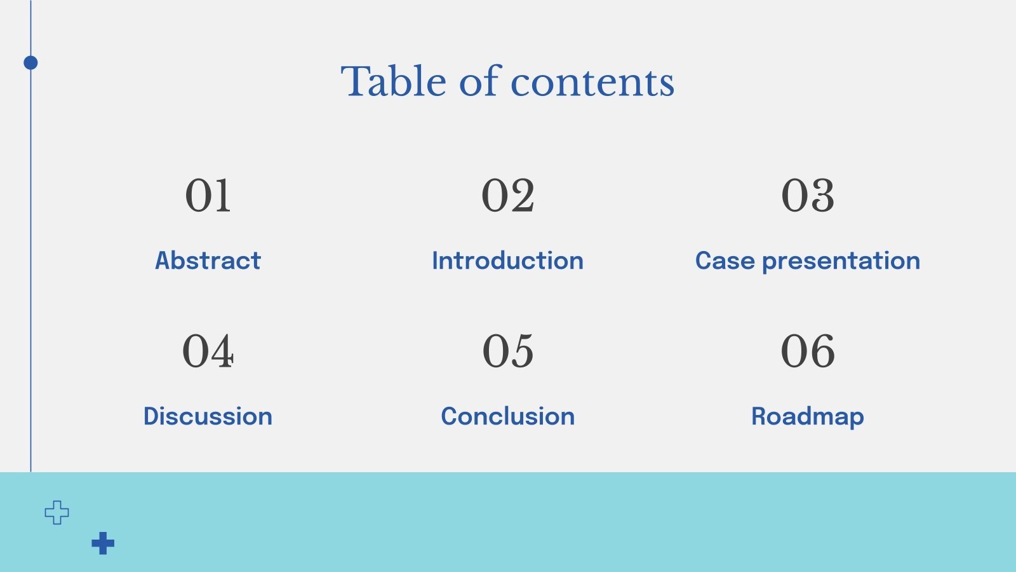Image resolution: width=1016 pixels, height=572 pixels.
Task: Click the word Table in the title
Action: (394, 82)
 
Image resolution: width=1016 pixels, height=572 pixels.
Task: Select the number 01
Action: (208, 195)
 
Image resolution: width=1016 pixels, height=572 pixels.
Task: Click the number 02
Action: (508, 195)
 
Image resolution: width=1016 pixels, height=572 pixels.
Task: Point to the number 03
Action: (808, 195)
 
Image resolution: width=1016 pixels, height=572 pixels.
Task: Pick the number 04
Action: (208, 351)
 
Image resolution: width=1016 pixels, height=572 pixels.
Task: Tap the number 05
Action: (508, 351)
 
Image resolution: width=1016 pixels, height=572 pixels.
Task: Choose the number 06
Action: (808, 351)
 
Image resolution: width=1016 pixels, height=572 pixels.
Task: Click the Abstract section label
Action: (208, 261)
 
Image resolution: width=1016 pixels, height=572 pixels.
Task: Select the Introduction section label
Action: (508, 261)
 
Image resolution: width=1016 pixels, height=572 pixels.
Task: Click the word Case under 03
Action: (725, 261)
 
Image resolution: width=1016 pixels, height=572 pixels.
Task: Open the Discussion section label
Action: (208, 416)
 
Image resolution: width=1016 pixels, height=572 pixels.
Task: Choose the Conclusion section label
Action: (508, 416)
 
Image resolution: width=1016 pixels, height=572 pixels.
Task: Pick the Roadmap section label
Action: (808, 417)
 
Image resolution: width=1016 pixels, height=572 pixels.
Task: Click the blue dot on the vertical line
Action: (30, 62)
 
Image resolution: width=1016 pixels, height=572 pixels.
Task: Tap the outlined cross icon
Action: (57, 512)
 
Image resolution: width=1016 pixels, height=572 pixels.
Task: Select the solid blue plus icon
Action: (103, 543)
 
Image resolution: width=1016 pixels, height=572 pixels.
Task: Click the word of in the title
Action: (481, 82)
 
